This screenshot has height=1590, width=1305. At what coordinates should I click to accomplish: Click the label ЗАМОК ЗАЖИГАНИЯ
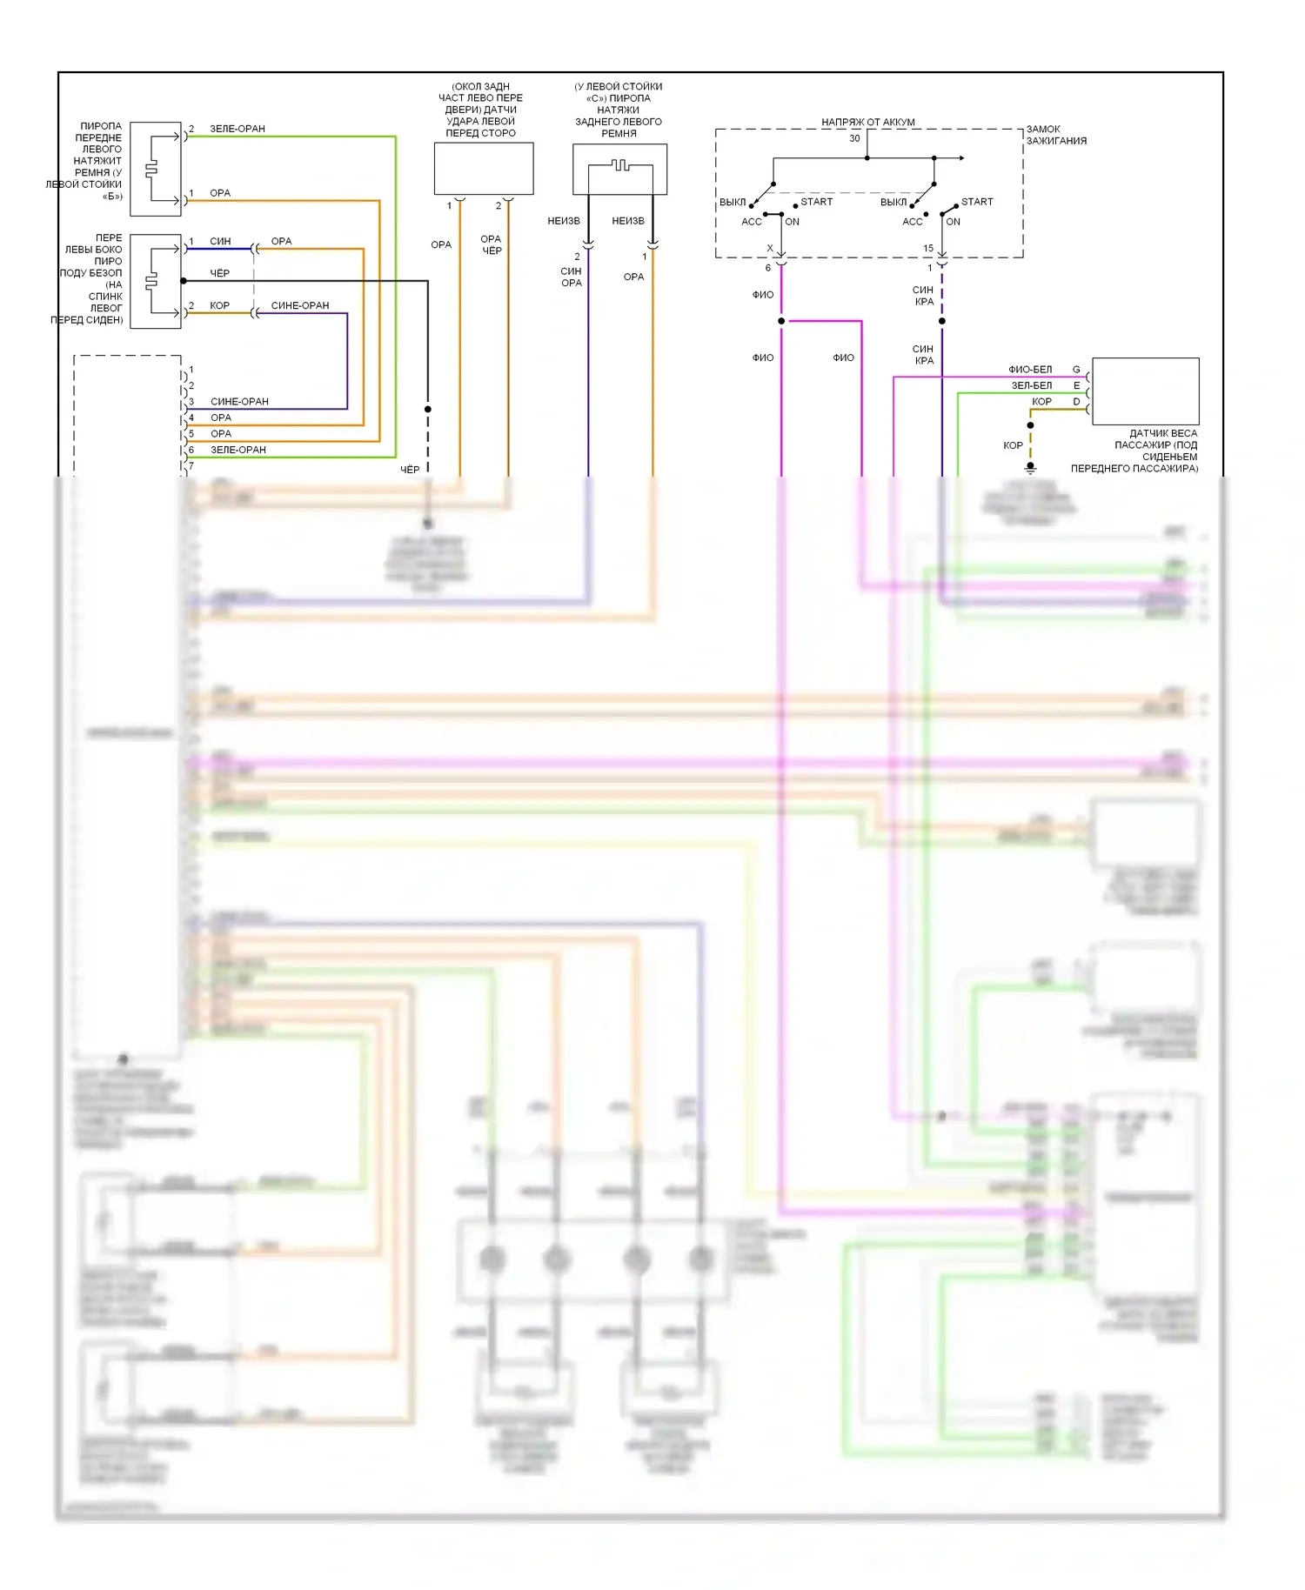(x=1055, y=135)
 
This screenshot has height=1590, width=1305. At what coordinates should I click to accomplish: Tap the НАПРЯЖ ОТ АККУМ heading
(x=867, y=123)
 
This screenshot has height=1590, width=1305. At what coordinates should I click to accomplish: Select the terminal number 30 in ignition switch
(x=854, y=138)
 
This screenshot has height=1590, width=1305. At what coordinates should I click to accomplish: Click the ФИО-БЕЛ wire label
(x=1030, y=370)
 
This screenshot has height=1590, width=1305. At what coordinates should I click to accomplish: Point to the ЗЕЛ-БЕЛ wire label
(x=1031, y=385)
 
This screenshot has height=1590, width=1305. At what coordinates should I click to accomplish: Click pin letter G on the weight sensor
(x=1076, y=370)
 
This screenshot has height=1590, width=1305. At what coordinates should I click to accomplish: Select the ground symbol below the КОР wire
(x=1030, y=468)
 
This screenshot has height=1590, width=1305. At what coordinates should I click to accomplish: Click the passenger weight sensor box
(x=1145, y=391)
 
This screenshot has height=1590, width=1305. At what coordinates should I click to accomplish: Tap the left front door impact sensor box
(x=484, y=169)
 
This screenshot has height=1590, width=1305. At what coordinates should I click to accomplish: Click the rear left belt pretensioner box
(x=619, y=169)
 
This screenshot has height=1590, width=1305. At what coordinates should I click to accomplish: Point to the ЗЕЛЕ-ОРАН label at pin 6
(x=238, y=450)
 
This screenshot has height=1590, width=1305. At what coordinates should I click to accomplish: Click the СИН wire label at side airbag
(x=220, y=241)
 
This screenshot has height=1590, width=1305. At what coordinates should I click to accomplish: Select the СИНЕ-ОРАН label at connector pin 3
(x=239, y=402)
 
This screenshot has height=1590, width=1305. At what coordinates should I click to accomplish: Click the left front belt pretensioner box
(x=156, y=169)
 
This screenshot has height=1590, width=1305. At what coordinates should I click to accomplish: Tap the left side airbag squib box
(x=156, y=281)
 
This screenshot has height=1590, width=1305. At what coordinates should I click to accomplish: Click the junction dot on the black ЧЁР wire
(x=427, y=409)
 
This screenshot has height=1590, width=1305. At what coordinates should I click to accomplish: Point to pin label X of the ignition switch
(x=770, y=249)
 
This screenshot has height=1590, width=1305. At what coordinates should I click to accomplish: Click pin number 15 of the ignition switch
(x=928, y=249)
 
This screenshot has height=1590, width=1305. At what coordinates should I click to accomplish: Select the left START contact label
(x=816, y=202)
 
